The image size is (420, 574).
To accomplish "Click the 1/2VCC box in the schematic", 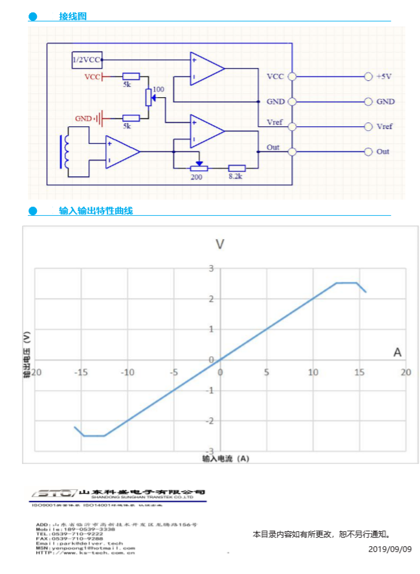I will tap(87, 60).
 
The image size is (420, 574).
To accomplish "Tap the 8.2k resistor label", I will tap(236, 176).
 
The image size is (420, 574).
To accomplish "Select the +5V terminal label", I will tap(384, 76).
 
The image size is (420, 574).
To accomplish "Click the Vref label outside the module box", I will tap(384, 126).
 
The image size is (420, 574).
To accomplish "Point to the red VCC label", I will tap(93, 77).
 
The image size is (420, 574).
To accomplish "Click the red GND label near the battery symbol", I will tap(83, 119).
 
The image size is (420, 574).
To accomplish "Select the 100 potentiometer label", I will tap(159, 89).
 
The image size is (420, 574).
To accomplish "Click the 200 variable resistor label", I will tap(197, 176).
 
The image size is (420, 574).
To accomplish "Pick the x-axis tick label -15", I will tap(81, 372).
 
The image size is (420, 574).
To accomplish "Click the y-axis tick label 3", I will tap(210, 268).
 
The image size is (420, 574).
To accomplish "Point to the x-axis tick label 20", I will tap(406, 372).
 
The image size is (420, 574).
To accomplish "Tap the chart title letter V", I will tap(220, 244).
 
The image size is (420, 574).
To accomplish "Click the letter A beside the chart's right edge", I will tap(398, 352).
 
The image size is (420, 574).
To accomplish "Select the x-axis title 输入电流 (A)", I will tap(225, 458).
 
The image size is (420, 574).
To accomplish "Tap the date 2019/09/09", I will tap(390, 549).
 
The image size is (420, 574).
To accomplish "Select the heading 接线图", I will tap(72, 16).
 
